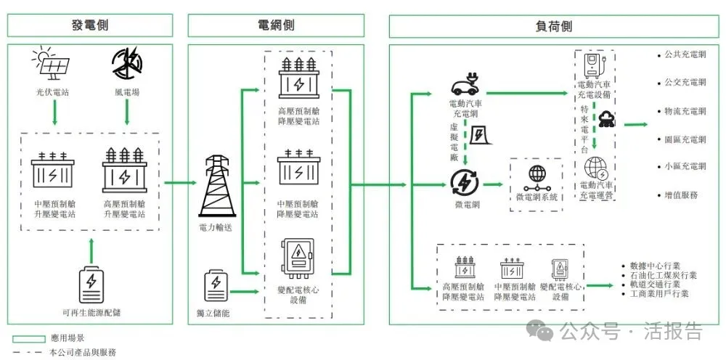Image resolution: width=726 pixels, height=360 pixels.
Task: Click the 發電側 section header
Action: (x=91, y=25)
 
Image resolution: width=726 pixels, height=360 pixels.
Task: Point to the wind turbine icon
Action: (x=127, y=65)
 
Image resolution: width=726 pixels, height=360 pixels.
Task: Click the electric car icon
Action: (x=465, y=86)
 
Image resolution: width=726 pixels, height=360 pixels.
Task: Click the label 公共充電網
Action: (x=685, y=55)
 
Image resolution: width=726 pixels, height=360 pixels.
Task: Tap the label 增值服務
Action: (x=681, y=195)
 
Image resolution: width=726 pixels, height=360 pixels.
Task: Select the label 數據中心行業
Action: (x=655, y=266)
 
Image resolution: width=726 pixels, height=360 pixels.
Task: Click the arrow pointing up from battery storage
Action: (x=91, y=250)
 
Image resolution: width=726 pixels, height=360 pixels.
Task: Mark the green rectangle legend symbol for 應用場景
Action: (x=28, y=338)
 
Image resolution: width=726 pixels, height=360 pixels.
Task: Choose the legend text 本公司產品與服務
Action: (x=83, y=351)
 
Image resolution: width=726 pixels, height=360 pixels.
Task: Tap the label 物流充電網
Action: (x=685, y=111)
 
